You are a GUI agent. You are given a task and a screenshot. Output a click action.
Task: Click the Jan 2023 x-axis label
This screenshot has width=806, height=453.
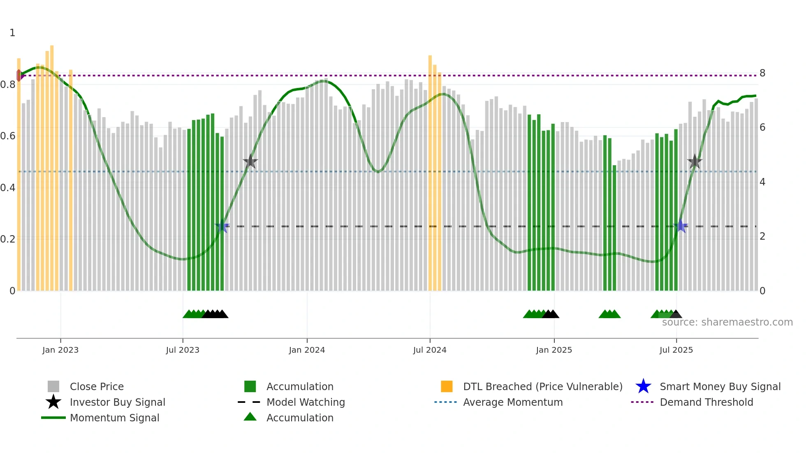coord(60,350)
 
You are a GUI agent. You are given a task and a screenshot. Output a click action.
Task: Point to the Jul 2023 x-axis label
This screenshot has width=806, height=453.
coord(183,350)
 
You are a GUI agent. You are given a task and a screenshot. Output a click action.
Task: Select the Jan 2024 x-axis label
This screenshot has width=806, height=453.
coord(307,350)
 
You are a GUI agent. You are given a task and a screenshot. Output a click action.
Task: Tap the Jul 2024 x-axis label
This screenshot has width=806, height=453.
coord(430,350)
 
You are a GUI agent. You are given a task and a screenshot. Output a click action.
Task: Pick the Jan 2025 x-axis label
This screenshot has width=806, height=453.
coord(554,350)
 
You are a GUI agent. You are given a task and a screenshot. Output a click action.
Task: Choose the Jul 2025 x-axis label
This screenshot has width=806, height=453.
coord(676,350)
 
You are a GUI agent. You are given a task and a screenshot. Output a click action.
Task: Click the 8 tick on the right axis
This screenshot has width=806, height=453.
coord(762,73)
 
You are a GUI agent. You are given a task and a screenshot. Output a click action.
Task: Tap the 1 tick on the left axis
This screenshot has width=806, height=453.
coord(12,33)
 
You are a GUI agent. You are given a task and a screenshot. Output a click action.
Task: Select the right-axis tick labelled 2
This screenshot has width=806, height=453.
coord(762,236)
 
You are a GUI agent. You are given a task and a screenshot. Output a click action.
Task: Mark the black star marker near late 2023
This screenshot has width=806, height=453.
coord(250,162)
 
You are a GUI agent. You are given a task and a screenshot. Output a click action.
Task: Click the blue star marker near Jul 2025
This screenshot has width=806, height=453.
coord(681,226)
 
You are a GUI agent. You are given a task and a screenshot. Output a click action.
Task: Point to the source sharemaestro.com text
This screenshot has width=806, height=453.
coord(727,322)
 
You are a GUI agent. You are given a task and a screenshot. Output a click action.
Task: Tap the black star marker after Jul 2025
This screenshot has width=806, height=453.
coord(695,162)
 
